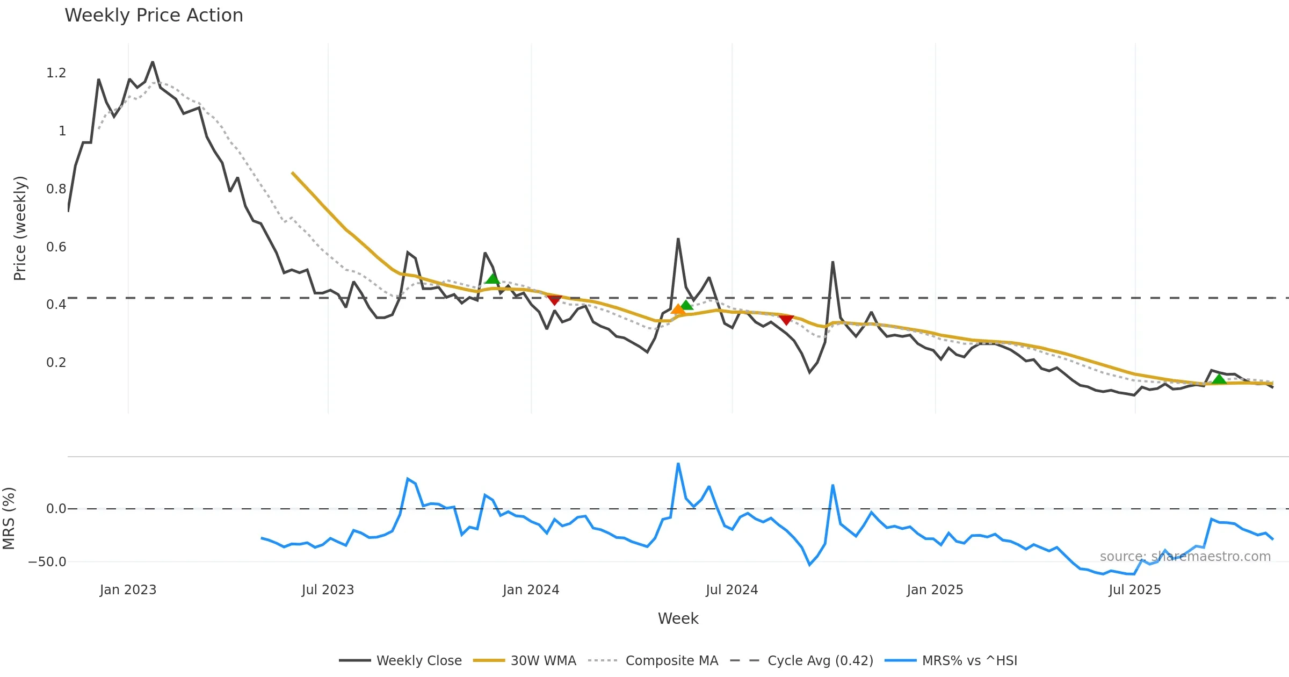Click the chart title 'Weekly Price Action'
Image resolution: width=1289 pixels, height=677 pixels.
click(x=154, y=16)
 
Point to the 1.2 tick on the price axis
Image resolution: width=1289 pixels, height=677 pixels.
click(x=56, y=73)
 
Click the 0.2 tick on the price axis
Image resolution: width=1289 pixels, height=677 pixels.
click(x=56, y=363)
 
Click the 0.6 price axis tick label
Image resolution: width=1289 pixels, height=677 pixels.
click(x=56, y=247)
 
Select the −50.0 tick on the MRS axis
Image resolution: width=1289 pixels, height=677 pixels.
click(x=47, y=562)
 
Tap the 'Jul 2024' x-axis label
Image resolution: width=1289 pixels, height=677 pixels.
click(x=732, y=590)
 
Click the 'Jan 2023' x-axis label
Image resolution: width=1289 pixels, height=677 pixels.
click(x=128, y=590)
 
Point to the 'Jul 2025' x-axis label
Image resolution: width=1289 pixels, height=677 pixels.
click(x=1134, y=590)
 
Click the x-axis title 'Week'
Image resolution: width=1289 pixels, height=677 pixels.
click(x=678, y=619)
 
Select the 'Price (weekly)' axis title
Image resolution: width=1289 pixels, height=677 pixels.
click(x=20, y=228)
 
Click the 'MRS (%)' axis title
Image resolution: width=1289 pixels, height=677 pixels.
click(x=9, y=518)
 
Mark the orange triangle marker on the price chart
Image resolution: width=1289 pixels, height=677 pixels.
click(x=678, y=309)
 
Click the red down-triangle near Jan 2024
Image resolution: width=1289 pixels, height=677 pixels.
click(x=554, y=300)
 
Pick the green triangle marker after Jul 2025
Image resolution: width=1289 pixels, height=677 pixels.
click(x=1219, y=379)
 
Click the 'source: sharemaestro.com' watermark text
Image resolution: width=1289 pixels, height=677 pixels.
click(x=1185, y=557)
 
